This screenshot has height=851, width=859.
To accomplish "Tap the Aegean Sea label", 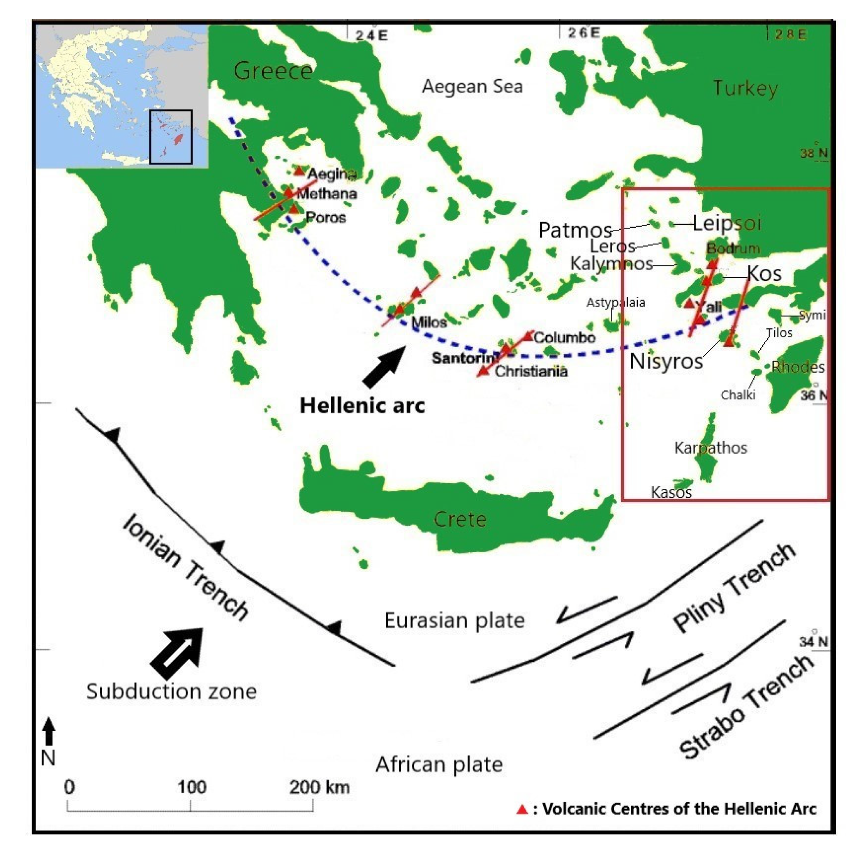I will [x=472, y=86].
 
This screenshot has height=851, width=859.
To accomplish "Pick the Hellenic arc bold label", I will [x=362, y=406].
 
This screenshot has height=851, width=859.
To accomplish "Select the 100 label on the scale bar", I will [x=192, y=787].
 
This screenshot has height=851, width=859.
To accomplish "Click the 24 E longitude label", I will [x=372, y=35].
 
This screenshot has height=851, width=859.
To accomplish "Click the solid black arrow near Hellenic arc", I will [x=385, y=366].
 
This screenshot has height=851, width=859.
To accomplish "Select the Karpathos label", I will [x=711, y=447].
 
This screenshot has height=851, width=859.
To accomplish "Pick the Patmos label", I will [x=575, y=230].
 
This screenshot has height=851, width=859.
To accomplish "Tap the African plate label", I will [x=439, y=765].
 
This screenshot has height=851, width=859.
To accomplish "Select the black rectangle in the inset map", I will [x=171, y=137].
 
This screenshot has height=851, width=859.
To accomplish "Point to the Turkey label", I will [x=746, y=88].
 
